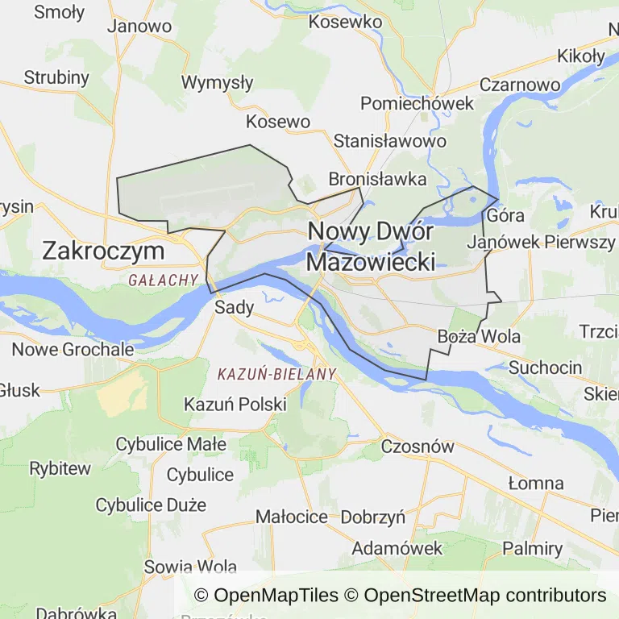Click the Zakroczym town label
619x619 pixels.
103,251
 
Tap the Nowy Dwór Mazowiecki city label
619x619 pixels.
371,247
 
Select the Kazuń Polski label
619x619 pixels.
235,404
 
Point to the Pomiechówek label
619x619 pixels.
418,104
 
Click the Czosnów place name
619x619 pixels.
418,446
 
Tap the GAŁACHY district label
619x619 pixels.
163,280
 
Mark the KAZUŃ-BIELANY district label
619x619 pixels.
276,374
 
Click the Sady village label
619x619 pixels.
235,307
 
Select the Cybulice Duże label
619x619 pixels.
151,505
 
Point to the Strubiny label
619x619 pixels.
56,77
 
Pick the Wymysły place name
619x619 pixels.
218,82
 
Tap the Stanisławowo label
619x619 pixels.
390,141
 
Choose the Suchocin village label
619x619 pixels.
546,368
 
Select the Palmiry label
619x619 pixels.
533,549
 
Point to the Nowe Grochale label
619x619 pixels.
73,350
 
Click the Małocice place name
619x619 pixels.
292,517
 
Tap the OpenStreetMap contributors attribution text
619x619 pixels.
484,596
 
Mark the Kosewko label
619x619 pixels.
345,22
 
